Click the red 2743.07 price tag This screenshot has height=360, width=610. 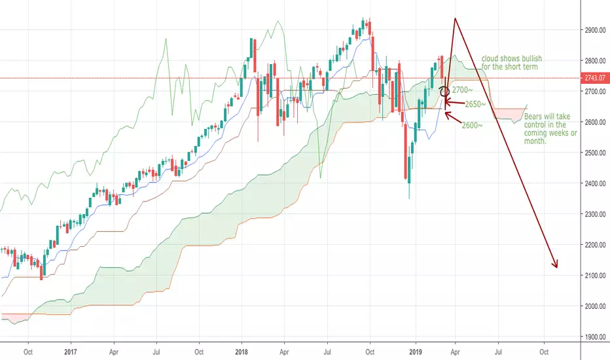click(595, 78)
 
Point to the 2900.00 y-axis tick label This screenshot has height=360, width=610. click(595, 30)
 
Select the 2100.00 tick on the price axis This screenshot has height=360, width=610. click(595, 276)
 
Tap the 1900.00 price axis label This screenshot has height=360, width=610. click(595, 337)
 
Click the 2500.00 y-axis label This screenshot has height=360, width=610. click(595, 153)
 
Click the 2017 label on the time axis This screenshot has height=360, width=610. click(71, 352)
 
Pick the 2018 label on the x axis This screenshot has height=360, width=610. click(242, 352)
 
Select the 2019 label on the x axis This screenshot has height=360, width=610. click(416, 352)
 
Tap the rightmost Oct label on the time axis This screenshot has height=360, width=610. click(544, 352)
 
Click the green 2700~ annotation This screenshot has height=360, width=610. click(462, 90)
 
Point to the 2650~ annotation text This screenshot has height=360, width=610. click(475, 104)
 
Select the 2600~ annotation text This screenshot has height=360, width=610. click(473, 125)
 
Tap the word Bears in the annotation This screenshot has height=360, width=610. click(533, 117)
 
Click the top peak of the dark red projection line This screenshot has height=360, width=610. click(454, 18)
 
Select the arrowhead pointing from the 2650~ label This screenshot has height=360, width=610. click(445, 102)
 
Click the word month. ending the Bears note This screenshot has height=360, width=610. click(535, 141)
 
